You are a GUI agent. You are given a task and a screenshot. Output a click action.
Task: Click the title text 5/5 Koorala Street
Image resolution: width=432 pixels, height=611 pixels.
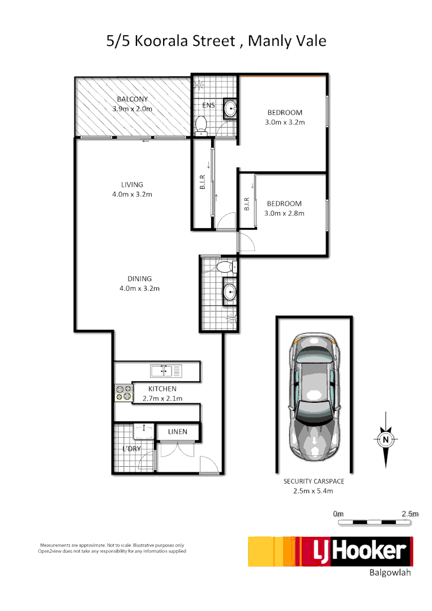170,42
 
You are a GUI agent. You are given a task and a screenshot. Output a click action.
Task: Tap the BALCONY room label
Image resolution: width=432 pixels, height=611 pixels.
132,99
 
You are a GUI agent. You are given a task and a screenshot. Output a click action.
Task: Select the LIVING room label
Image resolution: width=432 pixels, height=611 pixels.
132,184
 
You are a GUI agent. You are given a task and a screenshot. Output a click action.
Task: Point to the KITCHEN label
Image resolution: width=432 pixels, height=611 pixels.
162,389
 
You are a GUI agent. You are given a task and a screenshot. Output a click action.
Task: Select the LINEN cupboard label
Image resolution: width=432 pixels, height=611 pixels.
177,432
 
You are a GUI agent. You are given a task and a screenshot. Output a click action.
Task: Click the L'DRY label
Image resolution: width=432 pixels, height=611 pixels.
131,449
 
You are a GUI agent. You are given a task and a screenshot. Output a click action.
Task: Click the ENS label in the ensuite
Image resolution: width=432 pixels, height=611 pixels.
208,105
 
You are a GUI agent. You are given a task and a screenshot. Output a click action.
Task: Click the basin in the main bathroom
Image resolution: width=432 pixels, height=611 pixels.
230,292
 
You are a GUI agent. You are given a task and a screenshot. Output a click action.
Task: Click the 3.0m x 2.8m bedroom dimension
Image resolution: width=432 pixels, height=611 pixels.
284,213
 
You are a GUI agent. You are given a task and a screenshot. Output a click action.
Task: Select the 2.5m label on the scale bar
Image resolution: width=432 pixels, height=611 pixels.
409,514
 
